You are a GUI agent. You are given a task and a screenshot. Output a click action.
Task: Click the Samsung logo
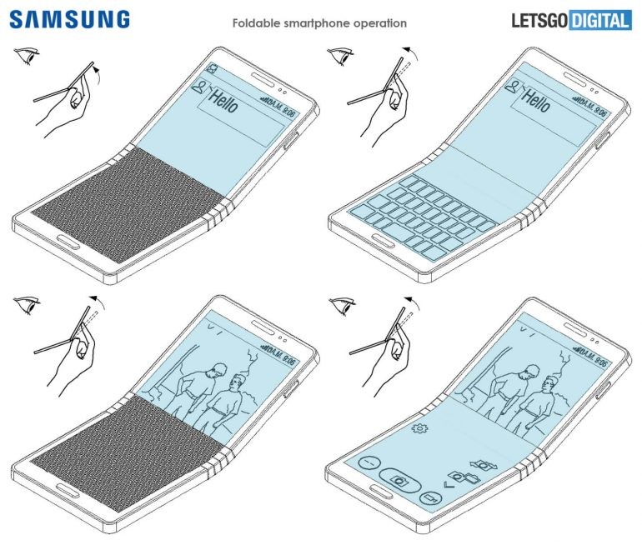[x=70, y=18]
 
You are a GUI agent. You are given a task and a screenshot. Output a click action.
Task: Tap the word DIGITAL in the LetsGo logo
[x=599, y=20]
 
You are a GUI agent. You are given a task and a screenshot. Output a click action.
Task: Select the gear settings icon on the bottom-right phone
[x=419, y=428]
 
